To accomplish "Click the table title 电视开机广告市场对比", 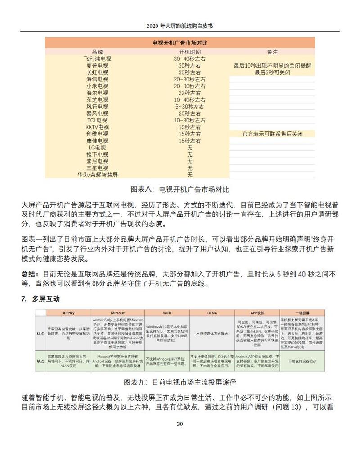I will click(x=180, y=43).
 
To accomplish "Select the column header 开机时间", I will click(x=190, y=52).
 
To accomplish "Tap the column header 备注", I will click(x=272, y=52).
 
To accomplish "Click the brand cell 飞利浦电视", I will click(x=98, y=59).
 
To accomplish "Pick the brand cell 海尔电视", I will click(x=98, y=93).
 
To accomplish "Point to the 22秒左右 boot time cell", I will click(x=190, y=93).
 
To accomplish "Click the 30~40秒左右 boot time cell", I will click(x=190, y=59).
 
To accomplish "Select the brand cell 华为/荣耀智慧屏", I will click(x=98, y=175).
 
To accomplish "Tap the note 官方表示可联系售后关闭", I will click(x=272, y=134).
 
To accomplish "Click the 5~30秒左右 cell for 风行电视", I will click(x=190, y=107).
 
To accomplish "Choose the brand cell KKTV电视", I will click(x=98, y=127).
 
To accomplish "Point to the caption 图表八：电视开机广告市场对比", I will click(x=180, y=189).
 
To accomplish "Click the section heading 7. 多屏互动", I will click(x=40, y=299).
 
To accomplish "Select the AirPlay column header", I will click(x=68, y=312).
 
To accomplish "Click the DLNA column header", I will click(x=211, y=312).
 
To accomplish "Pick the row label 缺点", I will click(x=40, y=361).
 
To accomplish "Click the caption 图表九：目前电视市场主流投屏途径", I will click(x=180, y=382).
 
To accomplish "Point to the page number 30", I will click(x=180, y=424).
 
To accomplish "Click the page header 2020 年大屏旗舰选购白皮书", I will click(x=180, y=26).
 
